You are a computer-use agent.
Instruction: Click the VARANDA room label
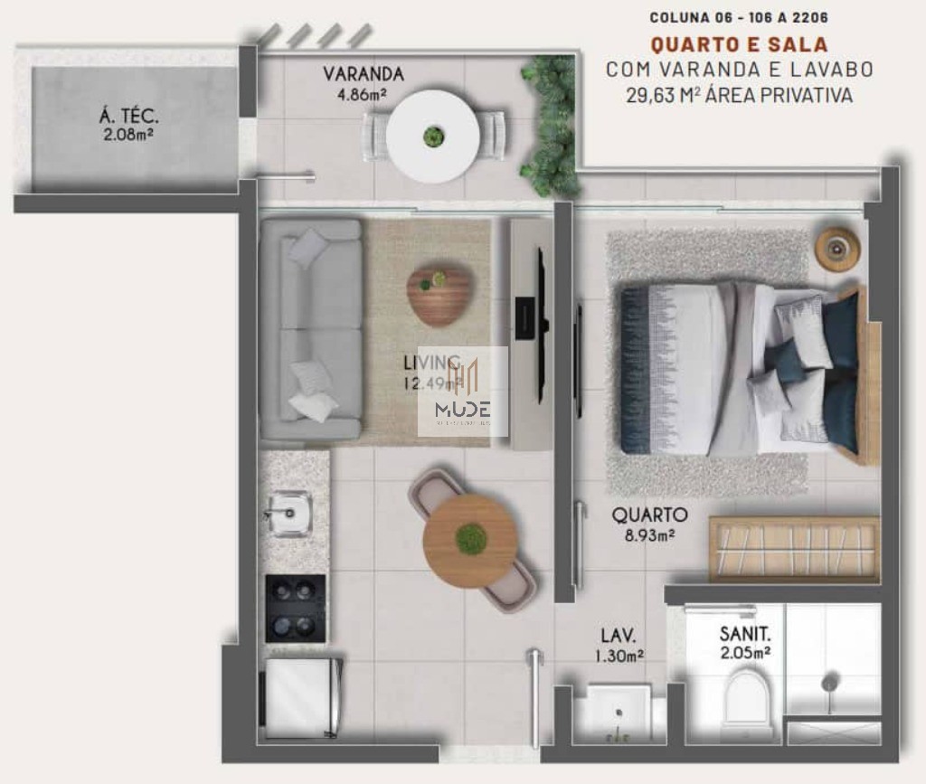coord(364,74)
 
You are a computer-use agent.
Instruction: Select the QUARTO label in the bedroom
coord(649,515)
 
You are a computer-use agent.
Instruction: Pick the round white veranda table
coord(433,137)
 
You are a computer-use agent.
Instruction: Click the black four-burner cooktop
coord(295,609)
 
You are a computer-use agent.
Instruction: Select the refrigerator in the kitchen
coord(302,697)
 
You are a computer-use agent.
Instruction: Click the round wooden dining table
coord(470,540)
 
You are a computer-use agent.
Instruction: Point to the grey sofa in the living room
coord(311,330)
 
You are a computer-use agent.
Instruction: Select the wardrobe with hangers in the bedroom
coord(793,549)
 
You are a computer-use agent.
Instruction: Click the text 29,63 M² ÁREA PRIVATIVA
coord(739,95)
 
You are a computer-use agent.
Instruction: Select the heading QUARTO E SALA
coord(739,43)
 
